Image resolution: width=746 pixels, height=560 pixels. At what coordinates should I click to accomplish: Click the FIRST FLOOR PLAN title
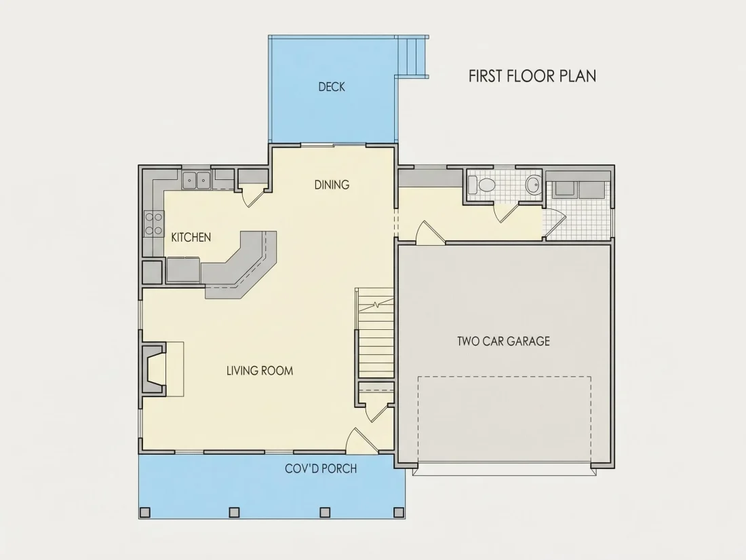click(532, 76)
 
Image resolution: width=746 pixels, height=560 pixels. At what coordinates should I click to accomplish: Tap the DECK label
click(332, 87)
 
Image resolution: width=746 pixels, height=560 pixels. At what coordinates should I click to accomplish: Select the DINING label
click(332, 185)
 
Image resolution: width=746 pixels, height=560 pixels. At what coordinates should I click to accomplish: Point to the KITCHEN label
click(191, 237)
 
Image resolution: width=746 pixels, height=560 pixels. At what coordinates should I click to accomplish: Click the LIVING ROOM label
click(260, 371)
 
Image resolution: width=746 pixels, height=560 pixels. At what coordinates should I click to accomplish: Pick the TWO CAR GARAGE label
click(503, 341)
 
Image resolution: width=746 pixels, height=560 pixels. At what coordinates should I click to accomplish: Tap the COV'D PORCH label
click(321, 468)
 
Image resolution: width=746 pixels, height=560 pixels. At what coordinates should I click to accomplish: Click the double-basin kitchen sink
click(197, 180)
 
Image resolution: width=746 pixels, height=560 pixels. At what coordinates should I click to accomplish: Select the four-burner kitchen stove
click(154, 224)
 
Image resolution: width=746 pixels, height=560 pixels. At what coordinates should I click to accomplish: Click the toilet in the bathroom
click(482, 184)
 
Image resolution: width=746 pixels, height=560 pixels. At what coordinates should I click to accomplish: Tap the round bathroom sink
click(534, 184)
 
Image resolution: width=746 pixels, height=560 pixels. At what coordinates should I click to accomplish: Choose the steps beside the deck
click(412, 56)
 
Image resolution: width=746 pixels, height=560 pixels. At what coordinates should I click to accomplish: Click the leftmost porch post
click(144, 512)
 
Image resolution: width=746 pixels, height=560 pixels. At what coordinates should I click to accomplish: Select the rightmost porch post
click(399, 512)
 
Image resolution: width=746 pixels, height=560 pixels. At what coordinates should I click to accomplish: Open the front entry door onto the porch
click(361, 441)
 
